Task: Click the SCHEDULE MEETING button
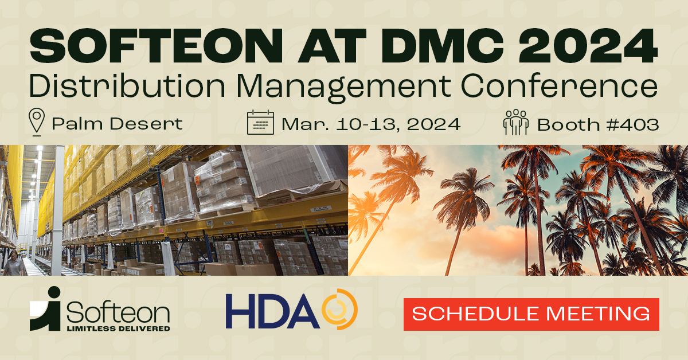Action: pyautogui.click(x=531, y=314)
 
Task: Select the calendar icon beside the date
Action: pyautogui.click(x=261, y=123)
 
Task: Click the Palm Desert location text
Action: pyautogui.click(x=117, y=123)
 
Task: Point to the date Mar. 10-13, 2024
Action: pyautogui.click(x=371, y=123)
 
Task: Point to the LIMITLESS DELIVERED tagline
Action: pyautogui.click(x=118, y=328)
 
